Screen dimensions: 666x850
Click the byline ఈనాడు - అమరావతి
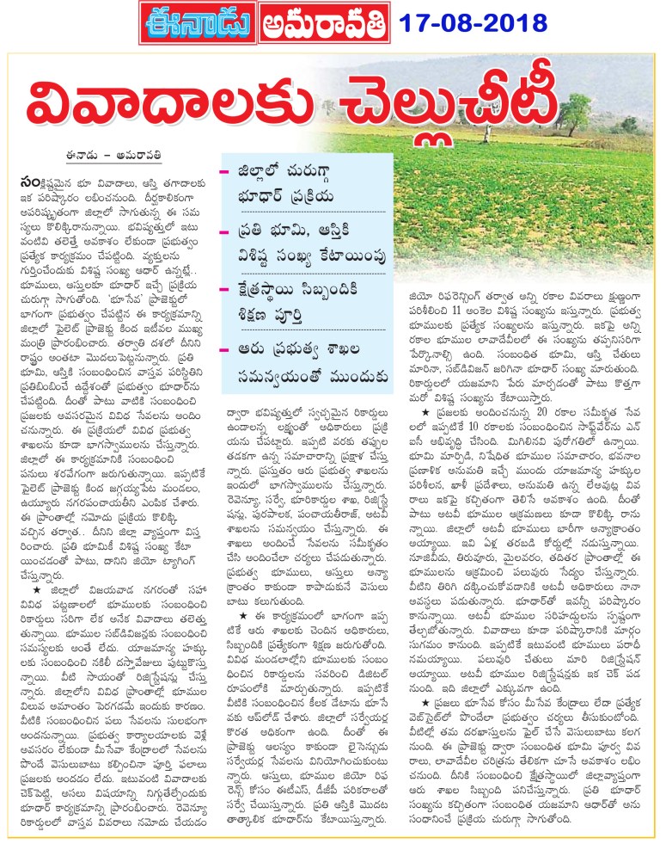[84, 156]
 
